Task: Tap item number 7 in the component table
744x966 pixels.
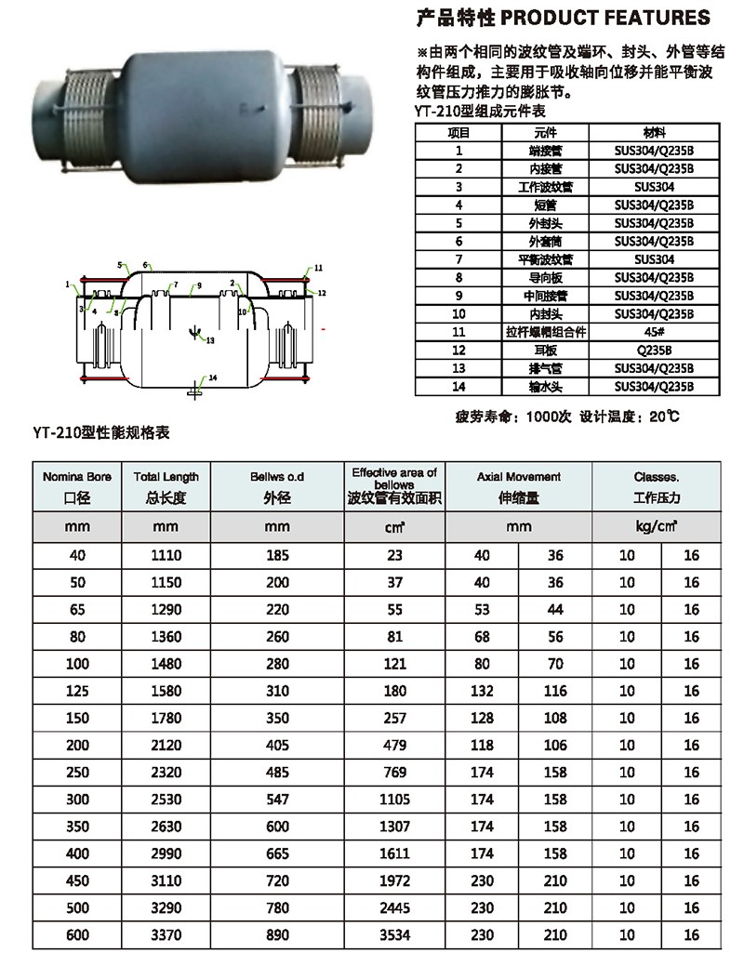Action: (458, 259)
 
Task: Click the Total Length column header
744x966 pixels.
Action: (166, 486)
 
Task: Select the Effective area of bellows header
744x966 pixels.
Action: (394, 486)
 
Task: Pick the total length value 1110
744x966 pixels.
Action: (166, 555)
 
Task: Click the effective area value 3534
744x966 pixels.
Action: (394, 935)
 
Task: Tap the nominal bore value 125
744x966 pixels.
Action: (77, 691)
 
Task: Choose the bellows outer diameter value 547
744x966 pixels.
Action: (276, 800)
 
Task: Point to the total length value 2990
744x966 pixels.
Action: (166, 854)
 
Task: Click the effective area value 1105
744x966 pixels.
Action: (394, 800)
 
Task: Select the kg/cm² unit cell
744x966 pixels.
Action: (656, 527)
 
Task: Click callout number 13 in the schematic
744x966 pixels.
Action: (210, 341)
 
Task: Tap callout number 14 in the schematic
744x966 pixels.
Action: (213, 377)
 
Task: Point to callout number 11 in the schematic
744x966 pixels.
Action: (317, 268)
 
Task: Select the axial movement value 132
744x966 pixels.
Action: (482, 691)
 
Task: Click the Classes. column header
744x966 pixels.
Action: (656, 486)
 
